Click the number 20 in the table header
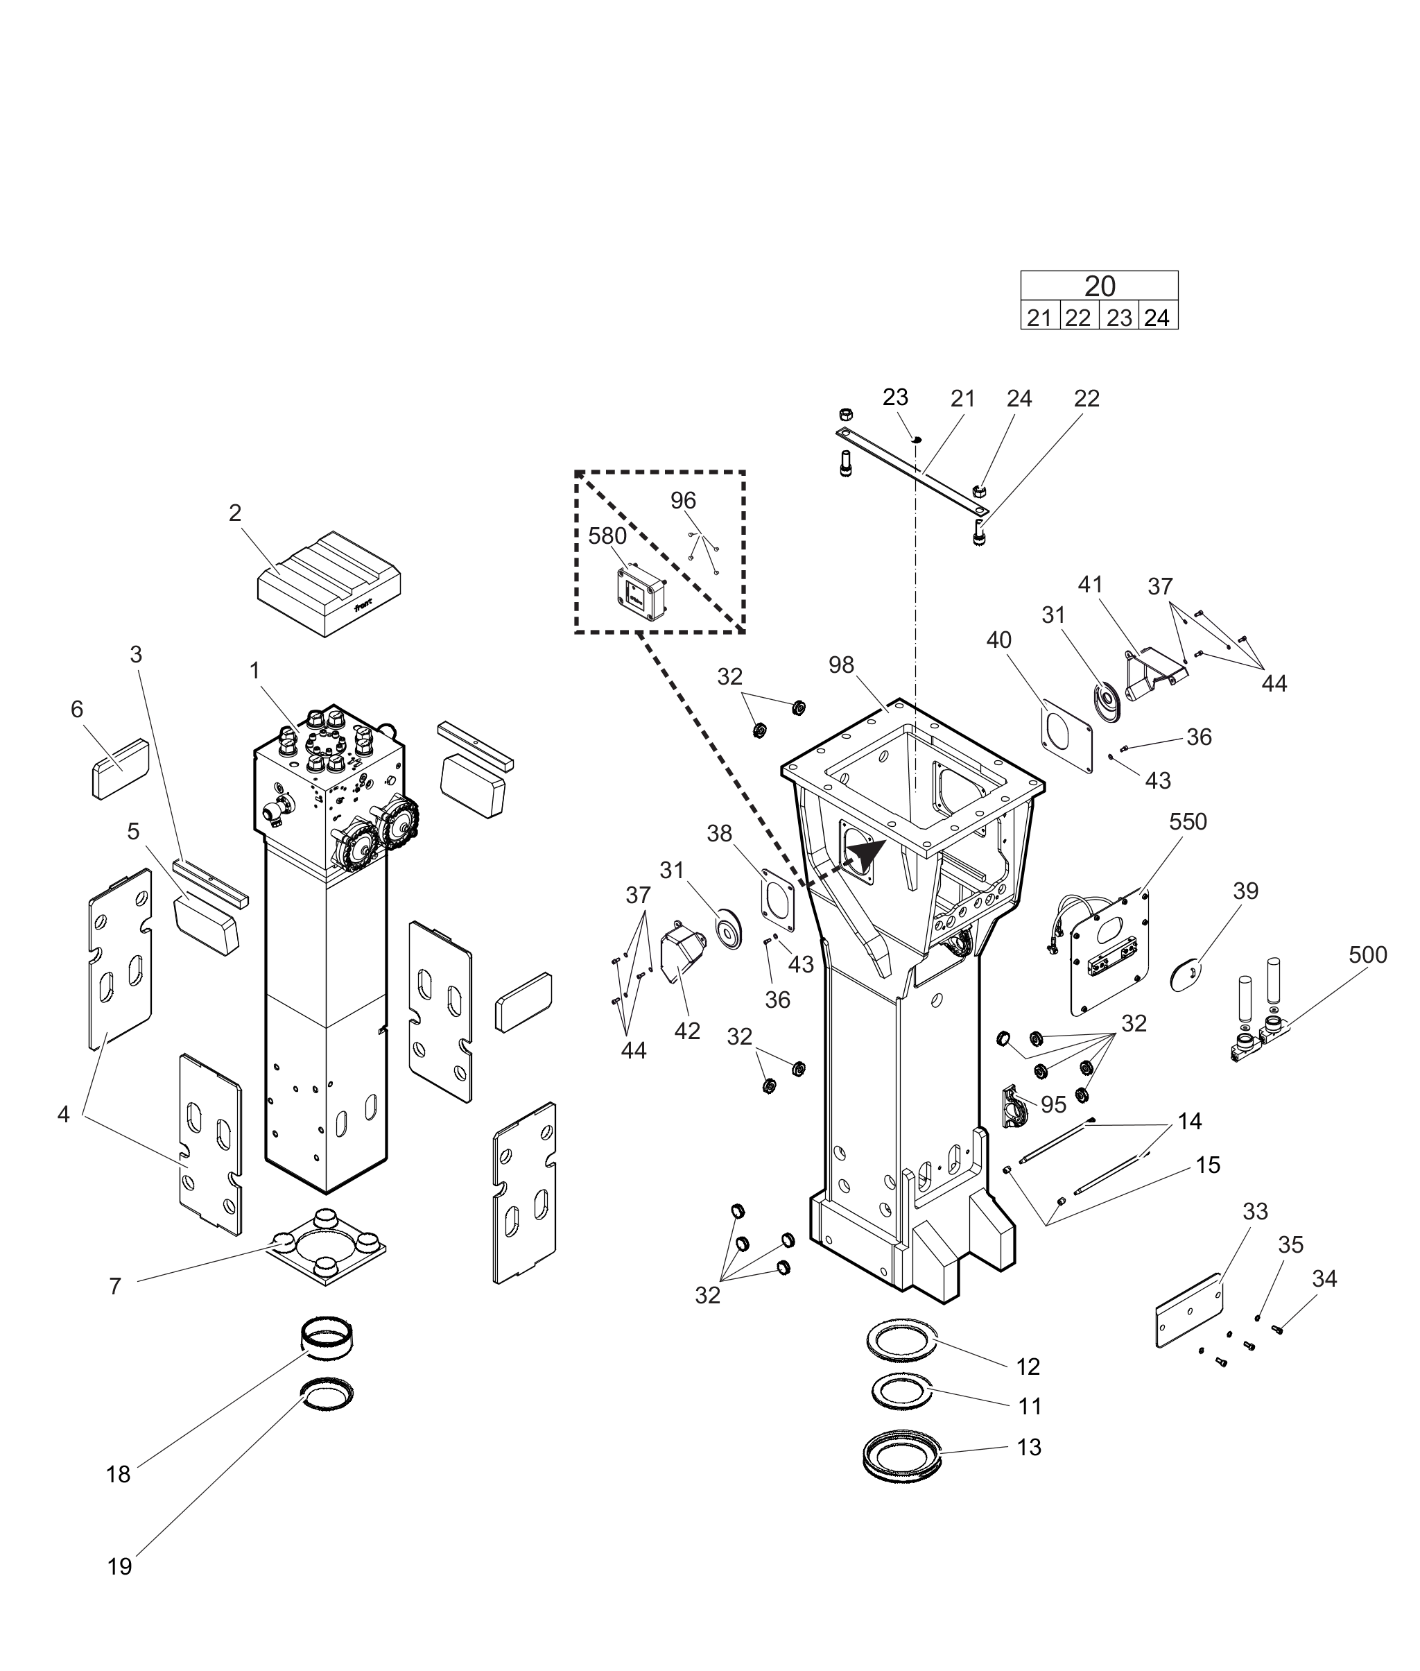[1100, 286]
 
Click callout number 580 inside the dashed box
[607, 536]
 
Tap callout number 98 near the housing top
[841, 665]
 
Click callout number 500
[1368, 954]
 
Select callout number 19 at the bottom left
[119, 1566]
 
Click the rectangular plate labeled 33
[1189, 1310]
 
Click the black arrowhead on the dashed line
[866, 857]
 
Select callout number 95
[1053, 1105]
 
